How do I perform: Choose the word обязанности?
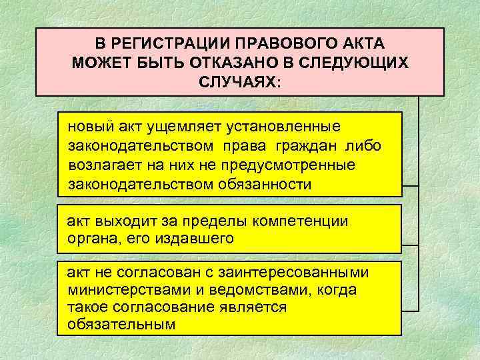(x=264, y=183)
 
